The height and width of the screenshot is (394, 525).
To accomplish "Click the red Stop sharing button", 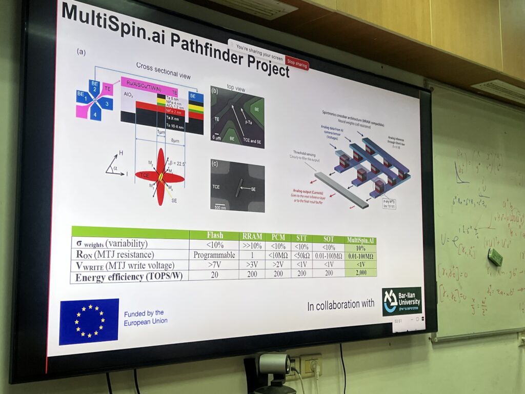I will pyautogui.click(x=297, y=64).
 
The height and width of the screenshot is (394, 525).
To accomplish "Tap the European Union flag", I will pyautogui.click(x=89, y=321).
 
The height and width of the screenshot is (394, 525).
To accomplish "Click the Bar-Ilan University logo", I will pyautogui.click(x=401, y=301).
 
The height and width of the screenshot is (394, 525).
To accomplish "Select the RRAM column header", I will pyautogui.click(x=253, y=237).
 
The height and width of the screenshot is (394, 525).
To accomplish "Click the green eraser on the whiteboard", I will pyautogui.click(x=495, y=257).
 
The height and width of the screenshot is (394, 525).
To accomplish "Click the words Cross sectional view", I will pyautogui.click(x=163, y=70).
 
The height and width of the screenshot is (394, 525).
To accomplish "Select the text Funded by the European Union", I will pyautogui.click(x=145, y=317).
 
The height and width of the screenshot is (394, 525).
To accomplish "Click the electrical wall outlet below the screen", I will pyautogui.click(x=310, y=365).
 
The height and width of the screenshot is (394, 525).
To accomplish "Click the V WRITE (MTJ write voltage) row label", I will pyautogui.click(x=125, y=266).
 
